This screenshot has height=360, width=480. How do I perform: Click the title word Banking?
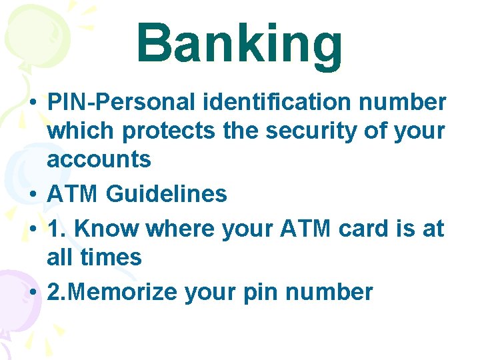239,44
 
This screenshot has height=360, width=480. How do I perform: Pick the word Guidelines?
167,194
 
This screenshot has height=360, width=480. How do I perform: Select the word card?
366,229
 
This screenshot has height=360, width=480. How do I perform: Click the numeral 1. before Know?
56,229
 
